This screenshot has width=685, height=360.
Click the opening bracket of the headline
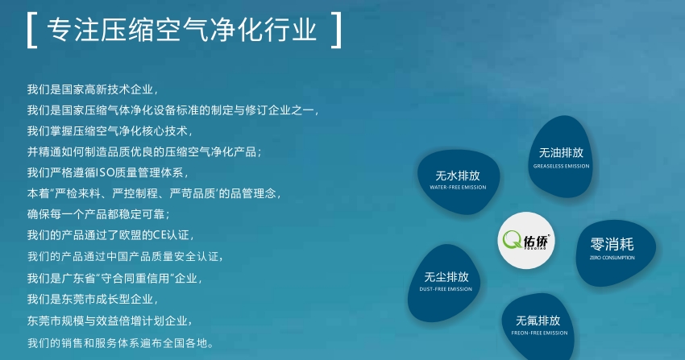pos(29,30)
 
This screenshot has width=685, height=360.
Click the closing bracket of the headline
pos(338,30)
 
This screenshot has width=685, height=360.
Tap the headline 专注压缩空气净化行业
pos(181,30)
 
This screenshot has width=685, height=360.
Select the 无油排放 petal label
pos(561,153)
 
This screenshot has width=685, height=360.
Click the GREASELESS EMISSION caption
pos(561,166)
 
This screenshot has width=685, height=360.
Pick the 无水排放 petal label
pos(458,176)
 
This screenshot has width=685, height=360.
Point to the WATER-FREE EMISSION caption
pos(458,188)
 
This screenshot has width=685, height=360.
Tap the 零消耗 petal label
pos(612,244)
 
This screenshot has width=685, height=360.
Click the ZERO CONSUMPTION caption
pos(612,258)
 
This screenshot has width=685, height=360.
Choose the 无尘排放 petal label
pos(446,277)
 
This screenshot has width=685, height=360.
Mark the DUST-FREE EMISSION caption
pos(446,289)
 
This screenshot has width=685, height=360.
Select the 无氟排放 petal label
pos(538,321)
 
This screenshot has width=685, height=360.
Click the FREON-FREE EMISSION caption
pos(539,333)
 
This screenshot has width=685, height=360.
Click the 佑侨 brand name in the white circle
pos(536,242)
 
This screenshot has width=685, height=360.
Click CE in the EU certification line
pos(159,235)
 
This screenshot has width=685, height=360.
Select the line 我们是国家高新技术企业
pos(92,89)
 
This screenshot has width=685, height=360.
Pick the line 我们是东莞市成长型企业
pos(92,300)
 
